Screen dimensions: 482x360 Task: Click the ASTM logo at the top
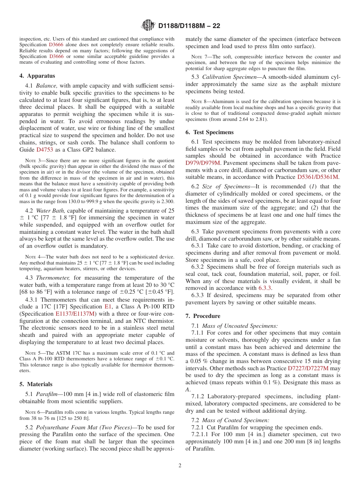(x=148, y=25)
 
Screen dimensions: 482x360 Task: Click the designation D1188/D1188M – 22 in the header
(x=189, y=26)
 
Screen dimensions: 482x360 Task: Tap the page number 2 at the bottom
(x=180, y=466)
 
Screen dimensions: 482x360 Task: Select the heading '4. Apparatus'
(x=37, y=76)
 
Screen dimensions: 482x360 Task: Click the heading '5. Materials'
(x=36, y=384)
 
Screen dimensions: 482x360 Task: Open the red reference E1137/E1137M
(x=75, y=314)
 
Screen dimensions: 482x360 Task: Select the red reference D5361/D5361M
(x=318, y=177)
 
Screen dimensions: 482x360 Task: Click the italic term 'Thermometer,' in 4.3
(x=52, y=278)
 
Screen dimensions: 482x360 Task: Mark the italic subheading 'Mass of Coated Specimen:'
(x=235, y=420)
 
